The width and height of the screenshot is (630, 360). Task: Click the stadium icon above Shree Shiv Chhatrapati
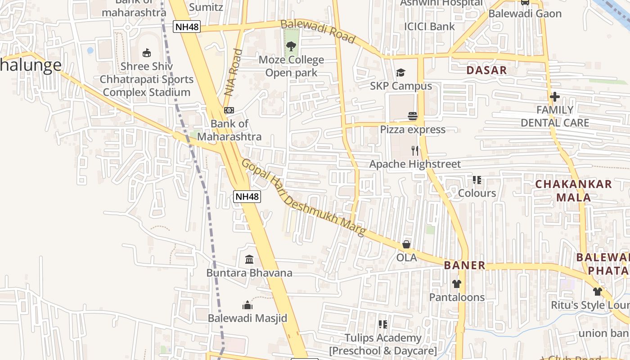tap(146, 53)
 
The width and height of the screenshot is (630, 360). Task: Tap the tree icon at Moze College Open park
tap(291, 46)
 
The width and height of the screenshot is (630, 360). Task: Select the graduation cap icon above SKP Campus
tap(400, 73)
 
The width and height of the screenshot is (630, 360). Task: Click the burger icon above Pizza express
tap(413, 116)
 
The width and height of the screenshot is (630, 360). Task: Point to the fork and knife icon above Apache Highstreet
tap(415, 150)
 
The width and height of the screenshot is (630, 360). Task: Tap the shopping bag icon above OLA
tap(406, 244)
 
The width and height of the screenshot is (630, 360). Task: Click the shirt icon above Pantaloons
tap(457, 284)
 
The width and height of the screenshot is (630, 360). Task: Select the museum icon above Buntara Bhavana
tap(249, 260)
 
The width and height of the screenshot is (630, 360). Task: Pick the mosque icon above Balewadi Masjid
tap(247, 305)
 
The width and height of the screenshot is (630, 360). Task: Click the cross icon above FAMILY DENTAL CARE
tap(554, 97)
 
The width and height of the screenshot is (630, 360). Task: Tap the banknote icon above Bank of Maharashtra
tap(229, 110)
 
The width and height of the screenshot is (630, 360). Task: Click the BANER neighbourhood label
tap(465, 265)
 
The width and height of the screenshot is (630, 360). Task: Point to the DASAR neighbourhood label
tap(486, 70)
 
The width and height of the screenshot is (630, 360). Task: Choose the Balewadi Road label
tap(318, 31)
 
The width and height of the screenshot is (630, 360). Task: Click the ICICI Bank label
tap(429, 27)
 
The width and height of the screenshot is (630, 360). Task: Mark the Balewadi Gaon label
tap(525, 13)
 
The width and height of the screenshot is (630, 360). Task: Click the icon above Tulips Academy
tap(383, 324)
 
